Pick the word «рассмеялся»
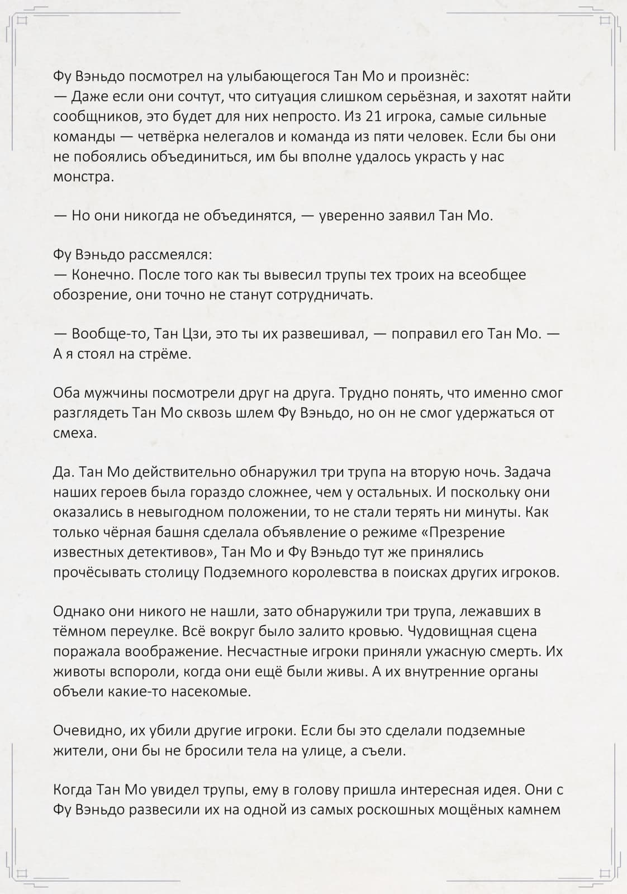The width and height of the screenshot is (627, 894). coord(170,255)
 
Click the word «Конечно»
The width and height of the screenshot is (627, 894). coord(103,275)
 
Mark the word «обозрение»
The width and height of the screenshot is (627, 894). coord(92,295)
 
